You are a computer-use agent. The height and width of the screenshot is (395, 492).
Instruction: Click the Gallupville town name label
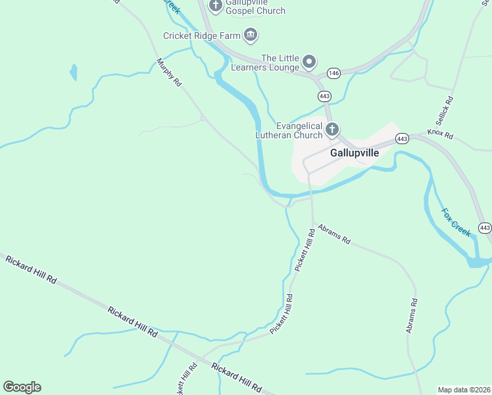[x=355, y=152]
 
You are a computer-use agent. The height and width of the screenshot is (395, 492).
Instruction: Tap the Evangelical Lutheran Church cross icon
[x=332, y=129]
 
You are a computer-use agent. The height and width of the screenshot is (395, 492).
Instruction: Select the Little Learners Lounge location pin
[x=309, y=63]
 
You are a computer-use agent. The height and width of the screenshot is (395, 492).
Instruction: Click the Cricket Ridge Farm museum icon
[x=250, y=34]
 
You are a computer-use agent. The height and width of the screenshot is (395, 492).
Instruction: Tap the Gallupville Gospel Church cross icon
[x=215, y=6]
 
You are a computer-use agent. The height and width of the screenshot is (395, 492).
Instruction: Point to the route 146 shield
[x=333, y=73]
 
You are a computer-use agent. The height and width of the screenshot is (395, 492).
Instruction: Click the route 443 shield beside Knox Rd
[x=403, y=138]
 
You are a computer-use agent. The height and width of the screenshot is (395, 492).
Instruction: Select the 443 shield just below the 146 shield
[x=324, y=96]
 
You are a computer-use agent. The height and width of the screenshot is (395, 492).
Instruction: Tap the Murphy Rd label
[x=168, y=73]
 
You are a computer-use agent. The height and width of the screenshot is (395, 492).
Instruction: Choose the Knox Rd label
[x=440, y=134]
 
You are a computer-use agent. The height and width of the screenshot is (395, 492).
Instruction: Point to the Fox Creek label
[x=456, y=223]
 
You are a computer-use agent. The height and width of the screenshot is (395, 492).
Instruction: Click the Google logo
[x=22, y=387]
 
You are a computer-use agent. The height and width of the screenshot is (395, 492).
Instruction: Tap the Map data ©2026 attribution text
[x=464, y=389]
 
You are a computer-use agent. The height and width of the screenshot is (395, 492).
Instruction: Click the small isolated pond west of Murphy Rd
[x=73, y=72]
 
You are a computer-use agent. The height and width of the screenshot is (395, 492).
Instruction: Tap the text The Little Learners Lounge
[x=280, y=63]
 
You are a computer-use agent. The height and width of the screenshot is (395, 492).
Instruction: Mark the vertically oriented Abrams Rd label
[x=411, y=315]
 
